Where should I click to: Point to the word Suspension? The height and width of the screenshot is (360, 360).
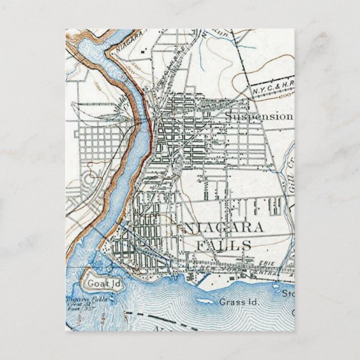(x=259, y=116)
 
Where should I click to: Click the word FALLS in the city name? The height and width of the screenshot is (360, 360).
(x=223, y=244)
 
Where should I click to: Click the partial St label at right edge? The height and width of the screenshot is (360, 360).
(x=287, y=293)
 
